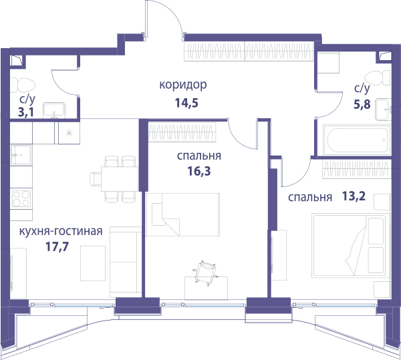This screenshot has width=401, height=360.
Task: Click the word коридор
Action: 183,85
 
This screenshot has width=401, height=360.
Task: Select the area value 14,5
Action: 186,104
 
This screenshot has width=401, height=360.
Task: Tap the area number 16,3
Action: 199,171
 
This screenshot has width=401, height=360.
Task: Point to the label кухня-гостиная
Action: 61,232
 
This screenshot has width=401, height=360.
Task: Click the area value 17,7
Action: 57,247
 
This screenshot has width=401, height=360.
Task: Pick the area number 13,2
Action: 354,196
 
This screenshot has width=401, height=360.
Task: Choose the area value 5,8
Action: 362,104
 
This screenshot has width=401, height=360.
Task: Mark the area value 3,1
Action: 25,112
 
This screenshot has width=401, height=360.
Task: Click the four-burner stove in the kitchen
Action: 21,199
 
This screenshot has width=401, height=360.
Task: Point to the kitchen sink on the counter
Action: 21,155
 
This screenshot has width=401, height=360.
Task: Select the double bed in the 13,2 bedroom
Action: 349,246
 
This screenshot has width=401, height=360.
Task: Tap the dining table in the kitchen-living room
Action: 120,179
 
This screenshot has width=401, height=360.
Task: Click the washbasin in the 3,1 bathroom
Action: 53,110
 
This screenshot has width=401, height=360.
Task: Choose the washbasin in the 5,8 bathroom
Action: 383,110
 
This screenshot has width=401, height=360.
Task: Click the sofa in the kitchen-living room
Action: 126,262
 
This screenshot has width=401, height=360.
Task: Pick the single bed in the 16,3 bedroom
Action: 183,214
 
